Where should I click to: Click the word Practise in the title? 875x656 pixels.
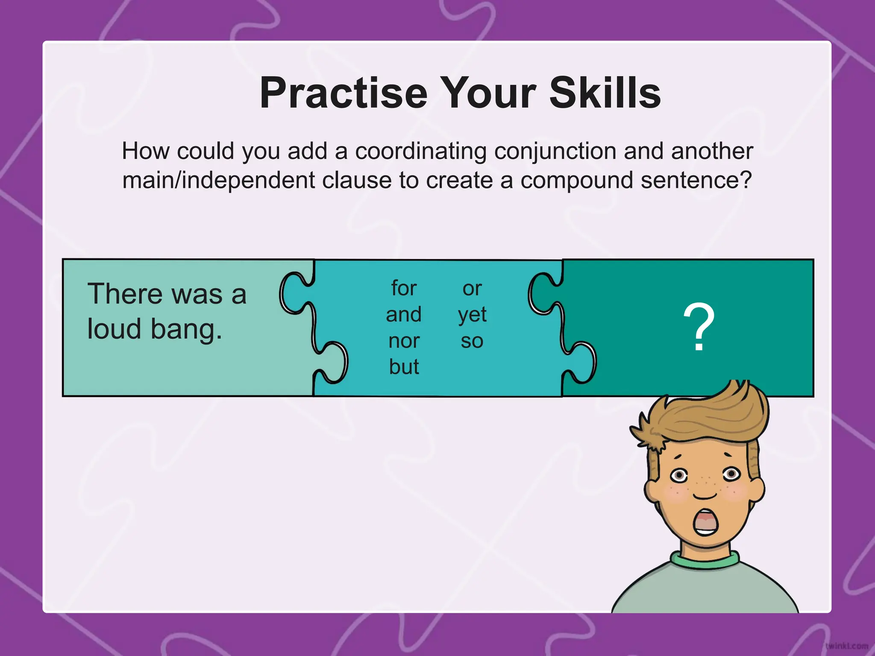344,93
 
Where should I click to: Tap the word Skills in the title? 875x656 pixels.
605,93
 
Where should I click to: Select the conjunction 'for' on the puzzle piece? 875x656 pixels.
404,288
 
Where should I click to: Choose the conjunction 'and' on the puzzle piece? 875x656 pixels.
404,315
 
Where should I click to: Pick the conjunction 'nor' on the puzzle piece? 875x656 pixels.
404,341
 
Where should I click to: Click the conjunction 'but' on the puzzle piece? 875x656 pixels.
404,367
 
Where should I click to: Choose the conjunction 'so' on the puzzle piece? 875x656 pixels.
472,341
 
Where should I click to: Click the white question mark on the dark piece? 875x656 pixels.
699,327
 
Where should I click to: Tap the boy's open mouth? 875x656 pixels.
705,522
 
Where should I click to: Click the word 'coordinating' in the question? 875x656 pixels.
421,151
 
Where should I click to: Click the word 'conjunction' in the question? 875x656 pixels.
555,152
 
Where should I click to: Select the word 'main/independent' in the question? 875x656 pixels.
218,180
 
